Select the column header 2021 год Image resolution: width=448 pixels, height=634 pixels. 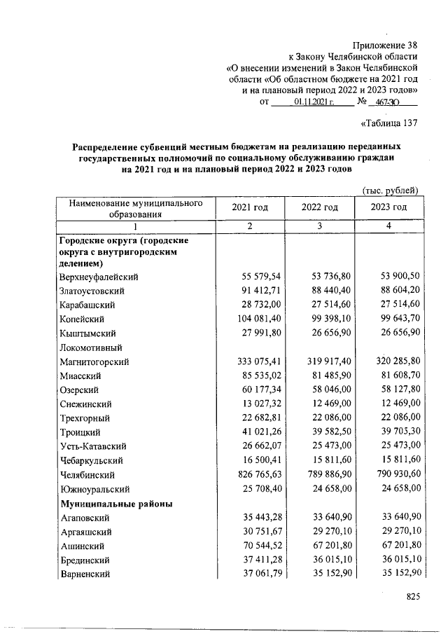251,207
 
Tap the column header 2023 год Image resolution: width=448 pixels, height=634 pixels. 389,207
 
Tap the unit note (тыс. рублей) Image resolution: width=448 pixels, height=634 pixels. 391,190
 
